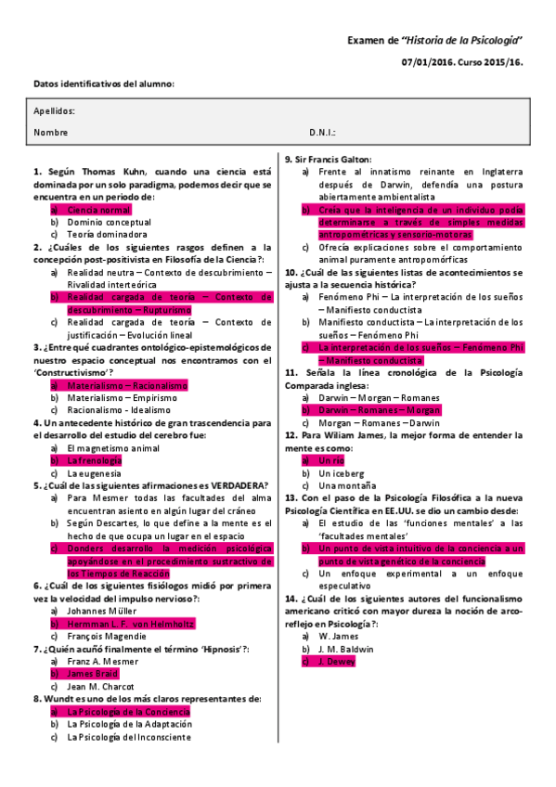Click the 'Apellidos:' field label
(x=54, y=110)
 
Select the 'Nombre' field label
(x=51, y=133)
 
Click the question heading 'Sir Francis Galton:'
(x=328, y=159)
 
